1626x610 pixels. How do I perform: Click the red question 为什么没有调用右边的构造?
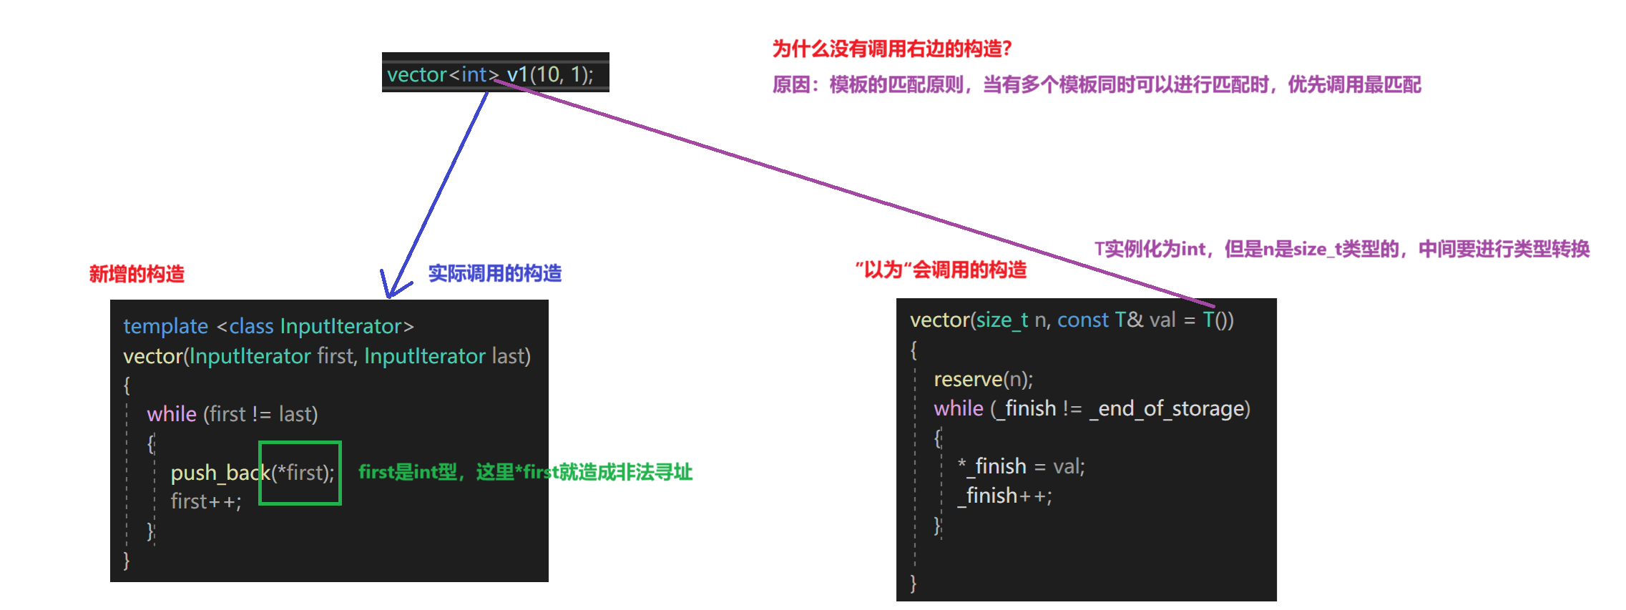(x=891, y=49)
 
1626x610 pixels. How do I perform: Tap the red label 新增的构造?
(x=137, y=274)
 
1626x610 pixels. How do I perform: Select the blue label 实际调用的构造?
(x=494, y=273)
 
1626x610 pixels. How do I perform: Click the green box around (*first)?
(x=300, y=473)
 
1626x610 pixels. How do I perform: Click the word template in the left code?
(x=165, y=326)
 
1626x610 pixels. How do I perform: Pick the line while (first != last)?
(x=232, y=414)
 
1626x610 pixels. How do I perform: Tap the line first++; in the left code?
(x=206, y=501)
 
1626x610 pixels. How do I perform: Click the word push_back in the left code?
(x=219, y=473)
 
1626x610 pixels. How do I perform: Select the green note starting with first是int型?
(x=525, y=472)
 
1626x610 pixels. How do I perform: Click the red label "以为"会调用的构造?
(x=941, y=270)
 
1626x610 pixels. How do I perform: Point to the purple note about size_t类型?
(x=1341, y=249)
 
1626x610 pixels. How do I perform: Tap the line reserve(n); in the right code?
(x=983, y=379)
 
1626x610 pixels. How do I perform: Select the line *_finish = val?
(x=1021, y=466)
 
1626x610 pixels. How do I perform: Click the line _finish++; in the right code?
(x=1005, y=496)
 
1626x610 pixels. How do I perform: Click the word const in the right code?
(x=1082, y=320)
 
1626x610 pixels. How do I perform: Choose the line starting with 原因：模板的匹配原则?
(x=1096, y=85)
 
